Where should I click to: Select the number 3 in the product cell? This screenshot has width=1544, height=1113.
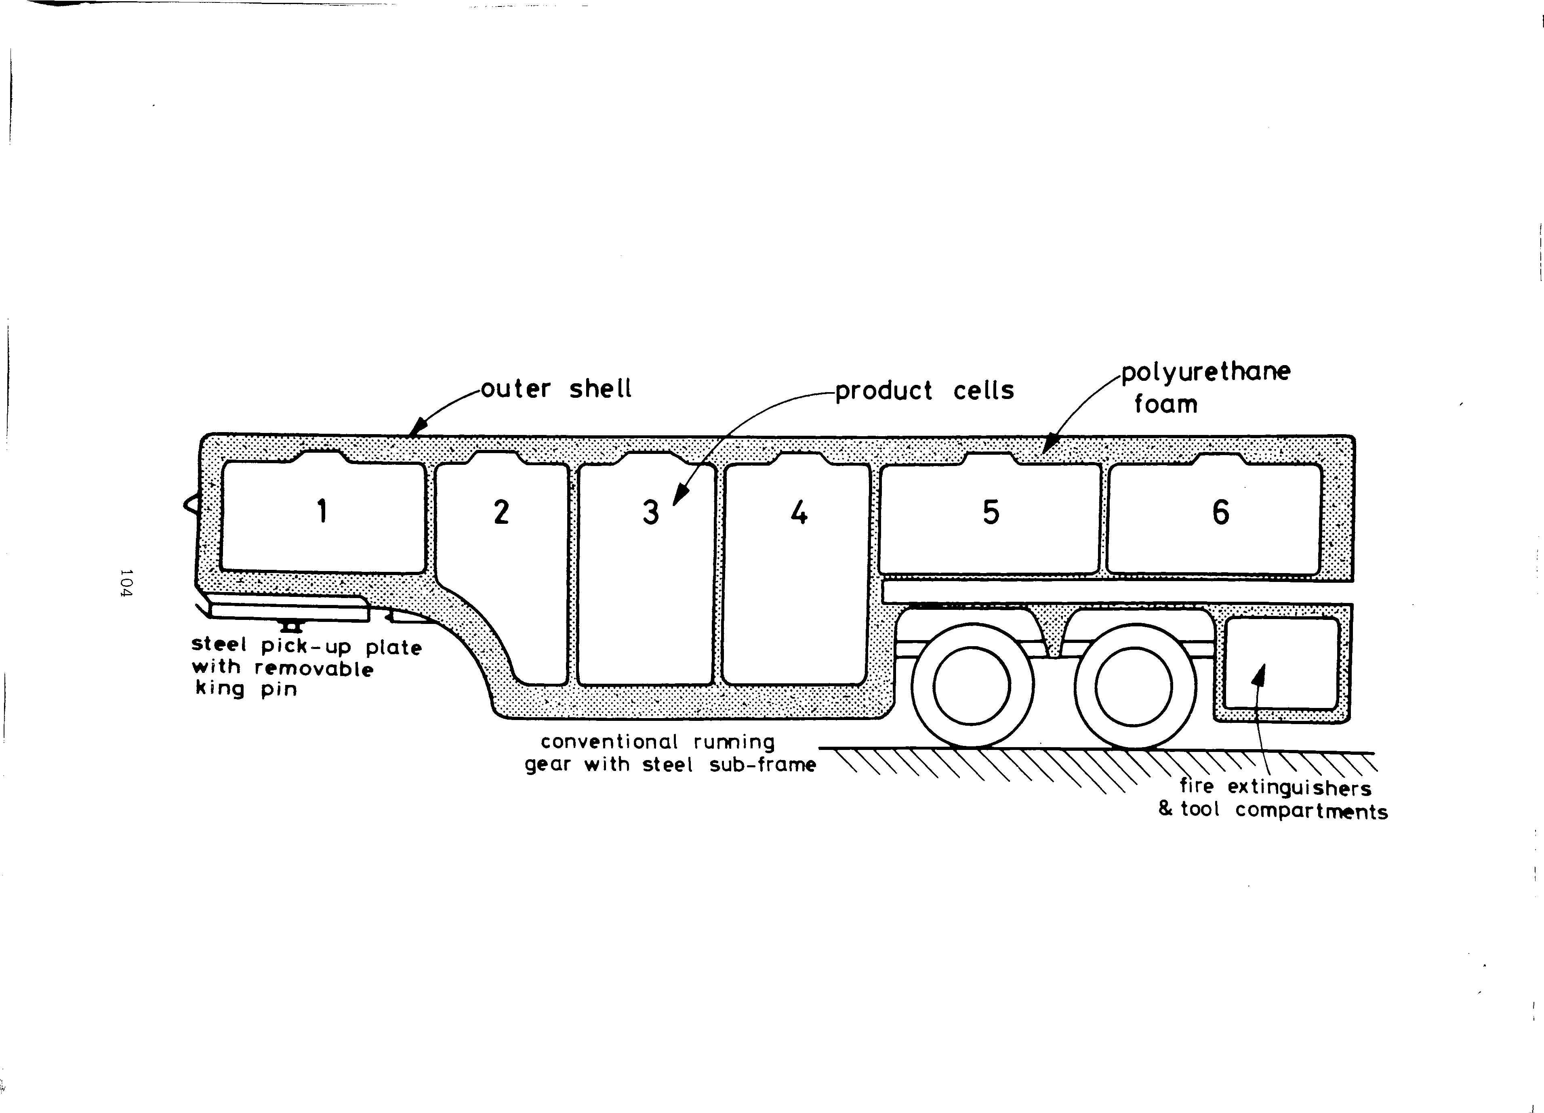(x=651, y=512)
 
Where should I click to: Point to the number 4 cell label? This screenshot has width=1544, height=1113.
(x=799, y=512)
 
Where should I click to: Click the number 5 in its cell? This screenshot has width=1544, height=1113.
(x=991, y=512)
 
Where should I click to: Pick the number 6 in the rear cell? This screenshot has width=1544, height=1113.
(x=1221, y=512)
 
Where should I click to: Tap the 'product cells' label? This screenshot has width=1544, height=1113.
(x=924, y=391)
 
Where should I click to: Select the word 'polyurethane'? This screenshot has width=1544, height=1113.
(x=1205, y=372)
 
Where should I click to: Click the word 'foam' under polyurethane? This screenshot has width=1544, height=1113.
(x=1165, y=404)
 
